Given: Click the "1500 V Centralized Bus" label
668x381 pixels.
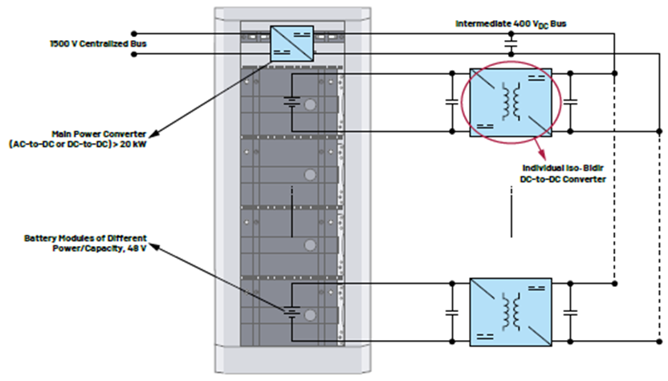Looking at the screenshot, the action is click(98, 43).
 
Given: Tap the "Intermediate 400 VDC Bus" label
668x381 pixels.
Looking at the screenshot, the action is click(511, 24).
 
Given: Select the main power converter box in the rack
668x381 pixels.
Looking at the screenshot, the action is click(291, 43).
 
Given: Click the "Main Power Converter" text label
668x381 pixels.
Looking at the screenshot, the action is click(99, 134).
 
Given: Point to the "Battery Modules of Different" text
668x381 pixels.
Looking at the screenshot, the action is click(85, 238).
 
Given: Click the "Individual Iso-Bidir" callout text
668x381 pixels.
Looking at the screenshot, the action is click(563, 168).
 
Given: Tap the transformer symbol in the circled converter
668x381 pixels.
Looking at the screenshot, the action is click(511, 102).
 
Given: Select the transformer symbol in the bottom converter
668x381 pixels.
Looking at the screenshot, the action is click(511, 312).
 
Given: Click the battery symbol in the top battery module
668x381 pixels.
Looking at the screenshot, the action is click(291, 102).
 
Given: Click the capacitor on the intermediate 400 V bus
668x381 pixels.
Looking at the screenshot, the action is click(511, 43).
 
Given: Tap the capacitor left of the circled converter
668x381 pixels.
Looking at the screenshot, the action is click(452, 102).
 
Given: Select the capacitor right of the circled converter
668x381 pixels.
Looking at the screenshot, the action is click(570, 102).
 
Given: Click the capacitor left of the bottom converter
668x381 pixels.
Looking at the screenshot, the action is click(452, 313).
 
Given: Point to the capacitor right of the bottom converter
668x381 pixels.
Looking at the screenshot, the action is click(570, 313).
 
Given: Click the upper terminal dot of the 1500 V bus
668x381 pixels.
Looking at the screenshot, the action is click(134, 33).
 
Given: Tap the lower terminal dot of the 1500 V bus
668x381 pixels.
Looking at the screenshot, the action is click(134, 54).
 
